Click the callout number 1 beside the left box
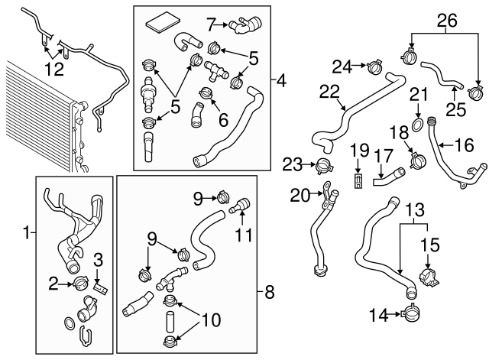point(27,231)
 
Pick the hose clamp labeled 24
point(374,66)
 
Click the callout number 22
point(329,92)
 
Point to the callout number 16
point(465,142)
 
